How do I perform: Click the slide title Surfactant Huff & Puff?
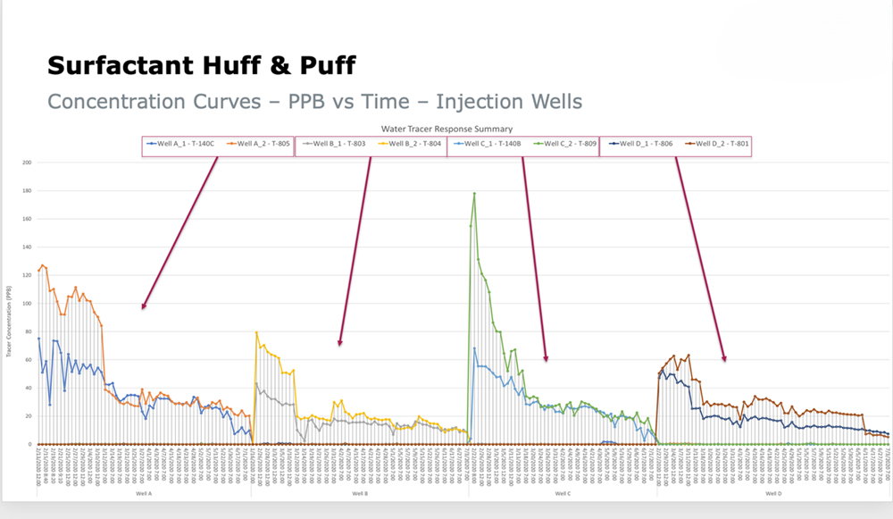coord(201,65)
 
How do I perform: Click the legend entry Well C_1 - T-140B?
coord(488,144)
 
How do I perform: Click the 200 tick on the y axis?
coord(27,163)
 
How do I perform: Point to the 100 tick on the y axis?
coord(27,304)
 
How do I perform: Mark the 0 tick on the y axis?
coord(29,444)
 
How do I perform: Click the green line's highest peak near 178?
coord(474,193)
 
